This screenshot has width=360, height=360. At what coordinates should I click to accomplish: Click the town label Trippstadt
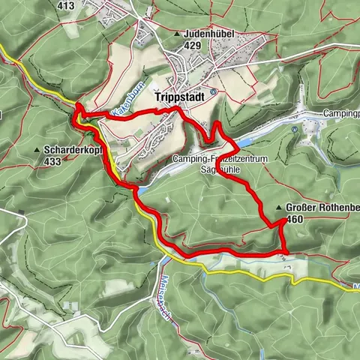(178, 97)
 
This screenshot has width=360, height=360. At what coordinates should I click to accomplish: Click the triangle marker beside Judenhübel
(177, 34)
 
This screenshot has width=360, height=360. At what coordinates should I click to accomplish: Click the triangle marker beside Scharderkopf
(37, 150)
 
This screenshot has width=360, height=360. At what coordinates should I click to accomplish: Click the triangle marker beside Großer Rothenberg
(280, 208)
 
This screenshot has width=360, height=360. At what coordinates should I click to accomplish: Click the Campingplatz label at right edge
(341, 113)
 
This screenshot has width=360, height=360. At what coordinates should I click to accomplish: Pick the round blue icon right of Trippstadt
(213, 92)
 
